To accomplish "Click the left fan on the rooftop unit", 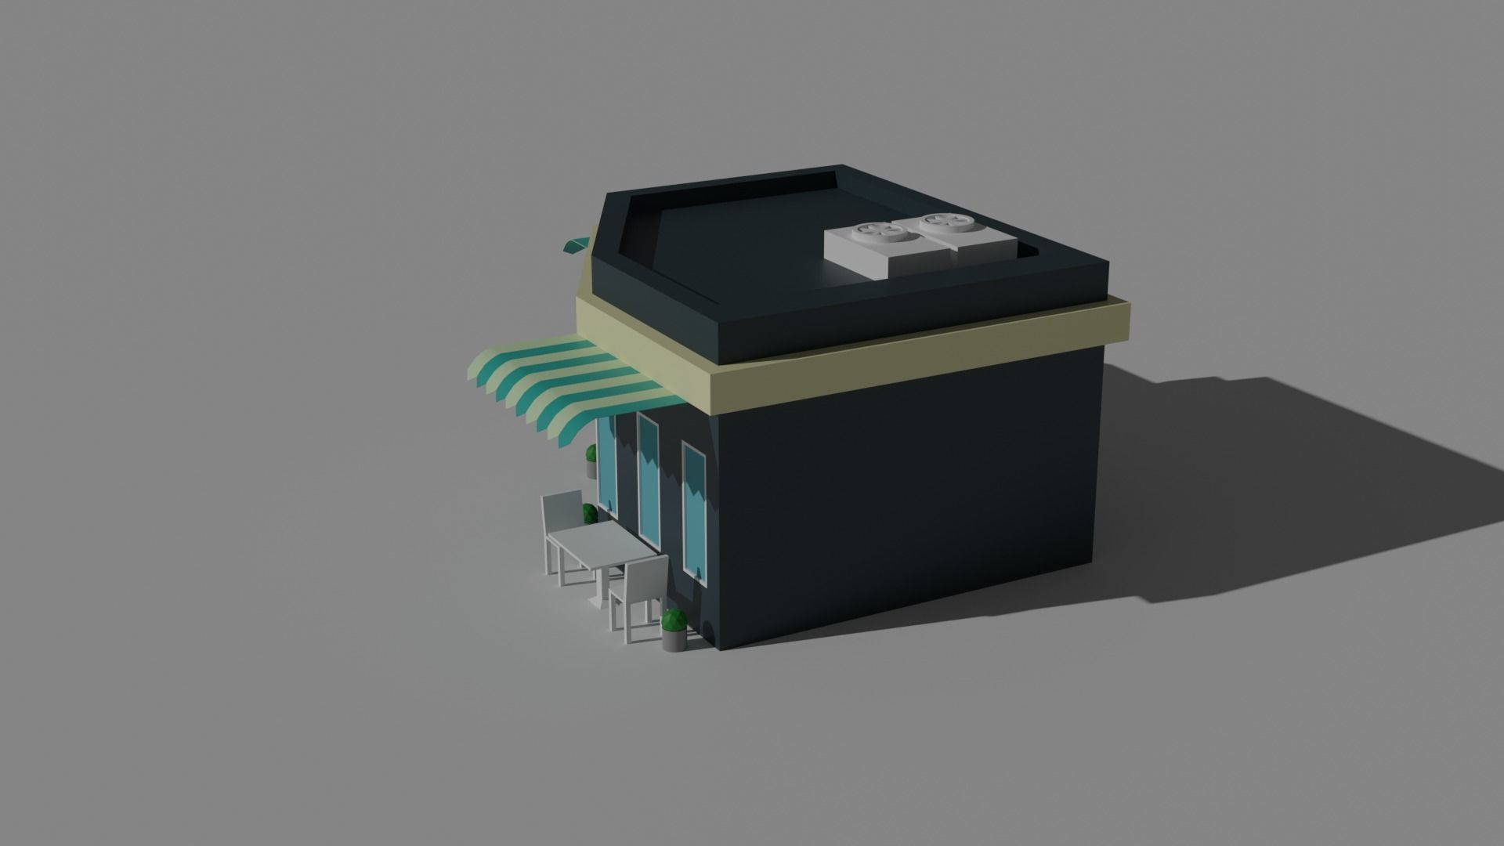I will pyautogui.click(x=878, y=230).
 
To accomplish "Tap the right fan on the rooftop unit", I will pyautogui.click(x=945, y=223).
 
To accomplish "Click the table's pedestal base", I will pyautogui.click(x=597, y=599).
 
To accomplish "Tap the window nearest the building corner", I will pyautogui.click(x=694, y=509).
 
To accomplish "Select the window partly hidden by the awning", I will pyautogui.click(x=607, y=462).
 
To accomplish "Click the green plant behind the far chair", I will pyautogui.click(x=590, y=514).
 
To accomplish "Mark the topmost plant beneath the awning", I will pyautogui.click(x=591, y=454).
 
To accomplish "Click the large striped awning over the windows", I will pyautogui.click(x=564, y=384).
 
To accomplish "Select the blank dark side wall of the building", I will pyautogui.click(x=901, y=501).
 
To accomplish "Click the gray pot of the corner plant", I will pyautogui.click(x=674, y=640).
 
